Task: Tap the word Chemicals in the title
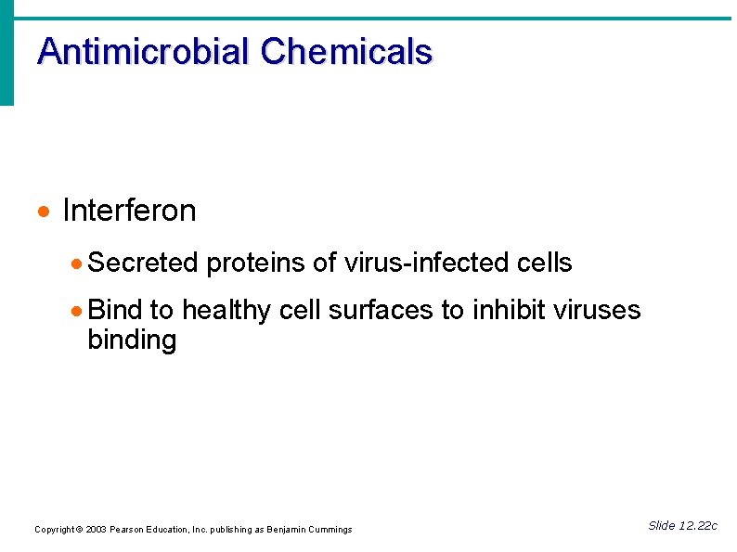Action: click(346, 51)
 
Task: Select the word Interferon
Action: click(129, 211)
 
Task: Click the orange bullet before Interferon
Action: click(41, 213)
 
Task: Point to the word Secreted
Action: click(143, 263)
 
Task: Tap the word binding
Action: click(131, 340)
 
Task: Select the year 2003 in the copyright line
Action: click(96, 530)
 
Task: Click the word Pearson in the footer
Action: click(128, 530)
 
